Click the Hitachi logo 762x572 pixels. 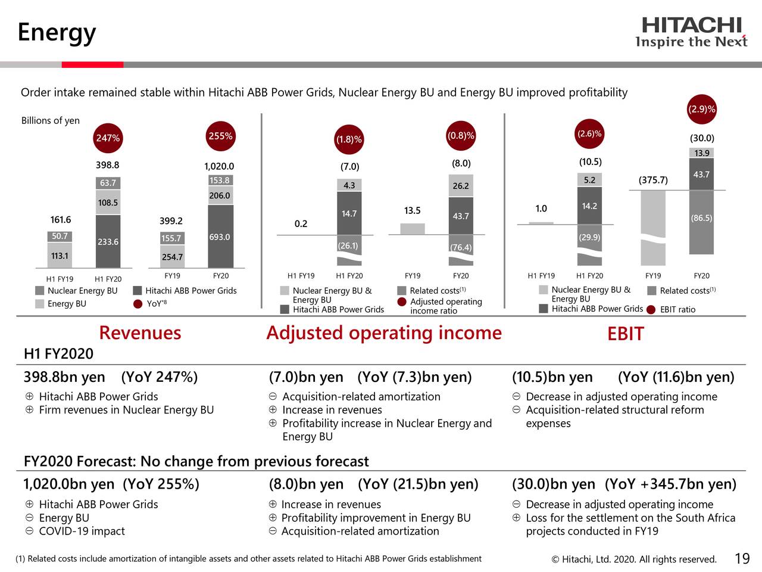click(x=691, y=32)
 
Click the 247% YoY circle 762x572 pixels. click(x=108, y=138)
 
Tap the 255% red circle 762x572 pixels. click(x=220, y=136)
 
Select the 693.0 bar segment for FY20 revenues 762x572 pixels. click(x=220, y=237)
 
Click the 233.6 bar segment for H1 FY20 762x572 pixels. click(x=108, y=241)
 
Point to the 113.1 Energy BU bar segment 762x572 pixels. click(x=60, y=256)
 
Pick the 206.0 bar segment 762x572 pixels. click(x=220, y=195)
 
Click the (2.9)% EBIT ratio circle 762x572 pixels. click(x=702, y=109)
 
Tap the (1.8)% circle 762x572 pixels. click(x=349, y=139)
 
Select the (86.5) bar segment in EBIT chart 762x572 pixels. click(x=701, y=218)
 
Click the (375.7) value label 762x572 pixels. click(x=653, y=180)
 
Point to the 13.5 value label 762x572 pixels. click(x=412, y=210)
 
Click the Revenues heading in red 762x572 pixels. click(x=140, y=332)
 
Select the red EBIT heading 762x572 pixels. click(x=625, y=334)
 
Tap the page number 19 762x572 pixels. click(x=742, y=558)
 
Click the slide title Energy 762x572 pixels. click(x=57, y=32)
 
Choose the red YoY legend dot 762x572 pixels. click(x=138, y=304)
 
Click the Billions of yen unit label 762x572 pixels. click(x=51, y=120)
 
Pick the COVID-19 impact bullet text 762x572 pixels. click(x=82, y=531)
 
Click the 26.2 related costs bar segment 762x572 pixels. click(x=461, y=185)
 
